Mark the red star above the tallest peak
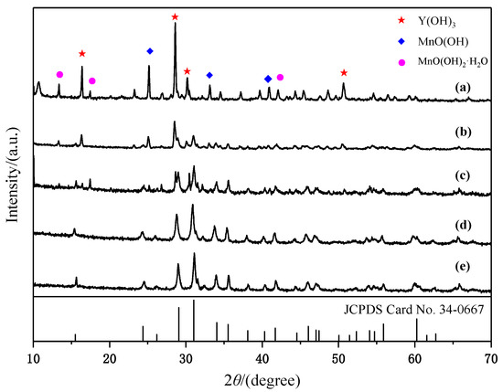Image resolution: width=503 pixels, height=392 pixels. click(175, 17)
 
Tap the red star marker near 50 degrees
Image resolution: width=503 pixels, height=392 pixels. click(344, 72)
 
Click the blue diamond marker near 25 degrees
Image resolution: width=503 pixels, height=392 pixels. click(150, 50)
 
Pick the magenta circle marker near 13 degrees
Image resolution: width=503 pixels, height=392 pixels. click(59, 74)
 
